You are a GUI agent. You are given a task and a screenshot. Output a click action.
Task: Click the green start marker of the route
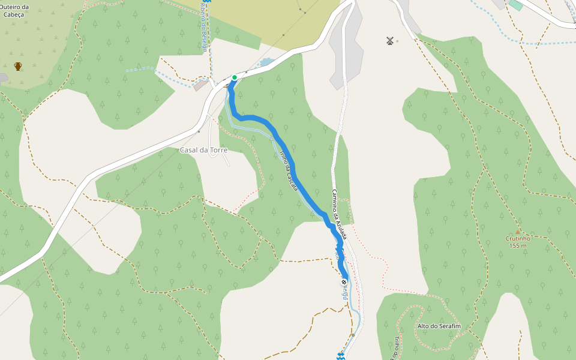(x=234, y=77)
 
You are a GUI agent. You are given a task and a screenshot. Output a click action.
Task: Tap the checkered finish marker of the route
(x=344, y=281)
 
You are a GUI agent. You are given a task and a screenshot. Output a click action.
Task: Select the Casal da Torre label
(x=204, y=149)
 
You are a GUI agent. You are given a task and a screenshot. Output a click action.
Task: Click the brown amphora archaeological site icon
(x=18, y=66)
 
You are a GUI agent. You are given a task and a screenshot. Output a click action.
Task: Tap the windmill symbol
(x=390, y=41)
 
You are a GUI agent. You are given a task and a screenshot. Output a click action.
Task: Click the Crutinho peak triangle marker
(x=517, y=231)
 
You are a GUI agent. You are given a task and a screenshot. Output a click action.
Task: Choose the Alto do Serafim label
(x=438, y=326)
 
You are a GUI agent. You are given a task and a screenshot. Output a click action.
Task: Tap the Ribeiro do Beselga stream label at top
(x=204, y=30)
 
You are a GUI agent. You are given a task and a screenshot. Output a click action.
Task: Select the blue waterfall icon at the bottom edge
(x=340, y=356)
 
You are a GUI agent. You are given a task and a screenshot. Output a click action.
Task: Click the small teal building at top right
(x=515, y=5)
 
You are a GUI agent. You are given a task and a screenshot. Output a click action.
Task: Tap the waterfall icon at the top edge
(x=206, y=2)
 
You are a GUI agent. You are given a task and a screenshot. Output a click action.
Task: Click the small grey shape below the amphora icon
(x=3, y=77)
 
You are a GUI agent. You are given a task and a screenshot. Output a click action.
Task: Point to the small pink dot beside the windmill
(x=397, y=41)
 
